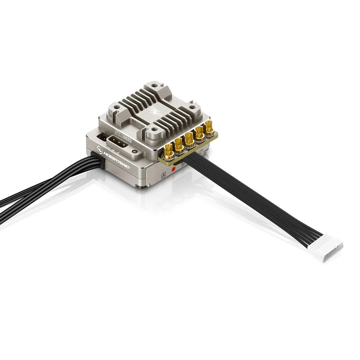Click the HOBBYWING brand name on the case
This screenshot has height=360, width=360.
pos(117,155)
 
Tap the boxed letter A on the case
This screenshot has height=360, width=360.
pos(163,175)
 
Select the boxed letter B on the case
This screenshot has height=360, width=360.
pos(183,164)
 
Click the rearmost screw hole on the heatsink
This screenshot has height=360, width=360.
pos(154,86)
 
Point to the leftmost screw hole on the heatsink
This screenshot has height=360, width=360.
pos(116,107)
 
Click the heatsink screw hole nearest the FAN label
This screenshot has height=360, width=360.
pos(154,129)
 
